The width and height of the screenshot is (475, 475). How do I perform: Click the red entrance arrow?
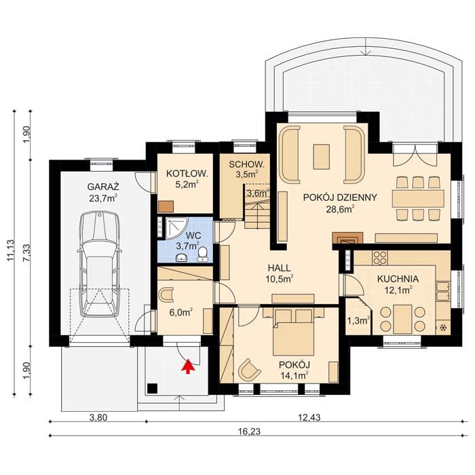click(x=188, y=366)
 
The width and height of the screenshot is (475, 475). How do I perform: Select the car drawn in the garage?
click(x=99, y=264)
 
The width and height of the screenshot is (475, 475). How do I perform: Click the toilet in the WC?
click(x=202, y=254)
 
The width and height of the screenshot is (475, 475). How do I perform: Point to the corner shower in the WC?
click(x=173, y=228)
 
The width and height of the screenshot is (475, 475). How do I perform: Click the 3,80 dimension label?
click(x=98, y=418)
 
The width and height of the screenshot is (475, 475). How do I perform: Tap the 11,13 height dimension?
click(x=10, y=250)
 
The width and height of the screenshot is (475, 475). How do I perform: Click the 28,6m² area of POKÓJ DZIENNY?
click(x=340, y=209)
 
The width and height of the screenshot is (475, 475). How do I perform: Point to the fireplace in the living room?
click(x=347, y=237)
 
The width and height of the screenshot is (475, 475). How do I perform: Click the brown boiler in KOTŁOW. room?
click(x=166, y=206)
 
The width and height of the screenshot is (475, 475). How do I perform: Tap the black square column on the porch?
click(x=152, y=388)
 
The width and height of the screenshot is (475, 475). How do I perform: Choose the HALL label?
click(x=279, y=268)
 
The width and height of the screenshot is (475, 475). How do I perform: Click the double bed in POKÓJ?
click(x=294, y=332)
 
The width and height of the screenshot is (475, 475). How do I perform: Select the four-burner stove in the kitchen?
click(x=380, y=258)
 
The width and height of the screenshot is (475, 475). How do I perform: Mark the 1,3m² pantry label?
click(x=358, y=320)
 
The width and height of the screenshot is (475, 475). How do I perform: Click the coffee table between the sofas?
click(x=322, y=157)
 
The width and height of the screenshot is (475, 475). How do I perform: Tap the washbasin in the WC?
click(x=181, y=257)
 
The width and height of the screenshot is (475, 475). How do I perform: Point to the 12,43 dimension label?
click(x=309, y=418)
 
